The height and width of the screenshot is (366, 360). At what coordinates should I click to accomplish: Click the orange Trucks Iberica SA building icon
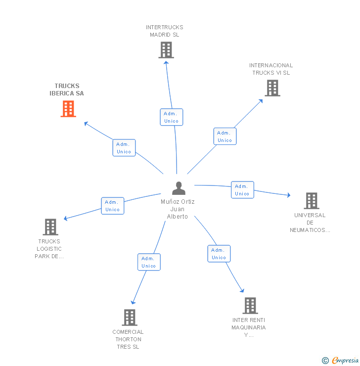(x=68, y=109)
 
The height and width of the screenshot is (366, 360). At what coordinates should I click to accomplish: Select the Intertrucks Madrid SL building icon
(x=166, y=50)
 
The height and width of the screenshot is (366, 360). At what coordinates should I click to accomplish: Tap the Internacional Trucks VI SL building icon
(x=272, y=88)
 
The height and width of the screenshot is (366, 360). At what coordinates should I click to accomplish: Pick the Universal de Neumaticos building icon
(x=311, y=201)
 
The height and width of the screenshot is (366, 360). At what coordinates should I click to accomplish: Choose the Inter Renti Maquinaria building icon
(x=250, y=306)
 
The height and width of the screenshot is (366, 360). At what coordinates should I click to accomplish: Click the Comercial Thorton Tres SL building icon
(x=129, y=318)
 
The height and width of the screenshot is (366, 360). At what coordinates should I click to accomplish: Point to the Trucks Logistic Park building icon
(x=50, y=227)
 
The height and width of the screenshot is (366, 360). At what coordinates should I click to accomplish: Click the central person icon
(x=179, y=188)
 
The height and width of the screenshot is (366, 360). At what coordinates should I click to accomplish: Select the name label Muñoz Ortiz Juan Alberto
(x=178, y=209)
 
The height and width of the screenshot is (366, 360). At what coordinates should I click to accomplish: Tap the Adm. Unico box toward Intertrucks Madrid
(x=171, y=117)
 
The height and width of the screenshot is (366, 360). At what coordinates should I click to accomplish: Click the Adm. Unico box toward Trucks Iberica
(x=124, y=148)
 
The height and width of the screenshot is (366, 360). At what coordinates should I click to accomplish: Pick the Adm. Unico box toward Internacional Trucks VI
(x=225, y=137)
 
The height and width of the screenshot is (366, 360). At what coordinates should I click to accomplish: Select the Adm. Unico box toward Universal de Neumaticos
(x=242, y=190)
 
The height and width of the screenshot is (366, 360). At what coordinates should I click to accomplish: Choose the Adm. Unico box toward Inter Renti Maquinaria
(x=219, y=254)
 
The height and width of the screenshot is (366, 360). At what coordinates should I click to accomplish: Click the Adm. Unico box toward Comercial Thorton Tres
(x=149, y=262)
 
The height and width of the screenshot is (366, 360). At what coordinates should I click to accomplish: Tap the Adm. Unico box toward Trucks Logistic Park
(x=112, y=206)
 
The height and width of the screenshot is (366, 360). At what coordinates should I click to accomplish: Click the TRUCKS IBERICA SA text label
(x=67, y=90)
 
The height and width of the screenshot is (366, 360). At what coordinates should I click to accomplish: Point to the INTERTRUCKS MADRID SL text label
(x=165, y=31)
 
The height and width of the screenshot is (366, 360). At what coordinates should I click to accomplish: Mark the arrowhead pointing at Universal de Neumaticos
(x=288, y=196)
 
